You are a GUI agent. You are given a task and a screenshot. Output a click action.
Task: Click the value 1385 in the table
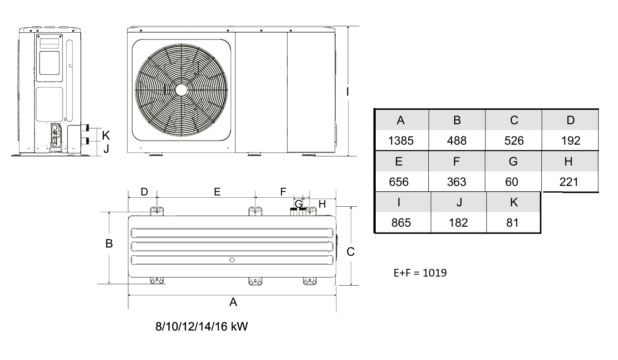pos(401,141)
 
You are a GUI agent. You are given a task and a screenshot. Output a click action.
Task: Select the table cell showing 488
pos(457,141)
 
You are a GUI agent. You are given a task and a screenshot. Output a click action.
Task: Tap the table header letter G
pos(513,161)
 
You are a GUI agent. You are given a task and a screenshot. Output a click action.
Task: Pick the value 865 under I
pos(401,223)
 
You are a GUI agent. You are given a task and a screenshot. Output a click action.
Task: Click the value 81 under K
pos(512,223)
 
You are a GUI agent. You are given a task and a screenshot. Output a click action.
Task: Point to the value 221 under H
pos(569,182)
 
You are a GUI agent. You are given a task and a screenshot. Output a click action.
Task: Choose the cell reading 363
pos(456,182)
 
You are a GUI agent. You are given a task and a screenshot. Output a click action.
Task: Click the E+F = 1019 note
pos(420,272)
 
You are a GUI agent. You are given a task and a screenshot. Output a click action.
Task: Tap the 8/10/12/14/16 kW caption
pos(201,326)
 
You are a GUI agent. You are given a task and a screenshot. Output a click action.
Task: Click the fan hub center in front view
pos(181,90)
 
